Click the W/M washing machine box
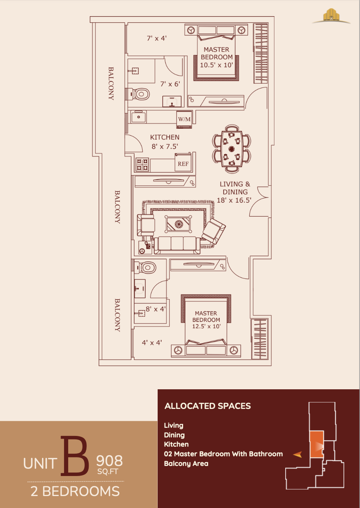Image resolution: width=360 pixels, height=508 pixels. pos(184,119)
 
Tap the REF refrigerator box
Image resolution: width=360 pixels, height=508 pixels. pos(183,164)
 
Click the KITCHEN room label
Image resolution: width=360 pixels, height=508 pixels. pos(165,137)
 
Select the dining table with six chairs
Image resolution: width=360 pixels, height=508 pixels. pos(231,149)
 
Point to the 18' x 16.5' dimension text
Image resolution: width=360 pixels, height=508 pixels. pos(234,200)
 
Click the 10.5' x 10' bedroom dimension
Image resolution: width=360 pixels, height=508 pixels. pos(216,65)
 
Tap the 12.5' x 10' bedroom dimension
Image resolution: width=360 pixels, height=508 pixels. pos(206,326)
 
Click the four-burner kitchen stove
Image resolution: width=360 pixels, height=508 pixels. pos(142,165)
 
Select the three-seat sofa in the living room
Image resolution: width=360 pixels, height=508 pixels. pos(177,245)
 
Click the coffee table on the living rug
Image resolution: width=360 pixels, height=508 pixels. pos(178,224)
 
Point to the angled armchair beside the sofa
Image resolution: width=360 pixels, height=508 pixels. pos(213,231)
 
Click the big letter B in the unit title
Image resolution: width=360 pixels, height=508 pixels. pos(74,456)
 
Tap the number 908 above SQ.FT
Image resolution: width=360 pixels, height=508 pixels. pos(109,461)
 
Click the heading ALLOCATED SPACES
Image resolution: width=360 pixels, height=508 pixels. pos(207,406)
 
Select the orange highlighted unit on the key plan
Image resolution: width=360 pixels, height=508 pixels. pos(316,444)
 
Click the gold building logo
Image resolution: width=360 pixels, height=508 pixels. pos(331,16)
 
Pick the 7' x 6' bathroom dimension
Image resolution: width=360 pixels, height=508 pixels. pos(170,84)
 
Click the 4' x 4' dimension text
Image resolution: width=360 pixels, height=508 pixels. pos(152,343)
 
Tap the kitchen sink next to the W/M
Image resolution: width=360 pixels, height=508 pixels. pos(138,117)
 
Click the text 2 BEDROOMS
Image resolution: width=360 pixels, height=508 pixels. pos(75,491)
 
